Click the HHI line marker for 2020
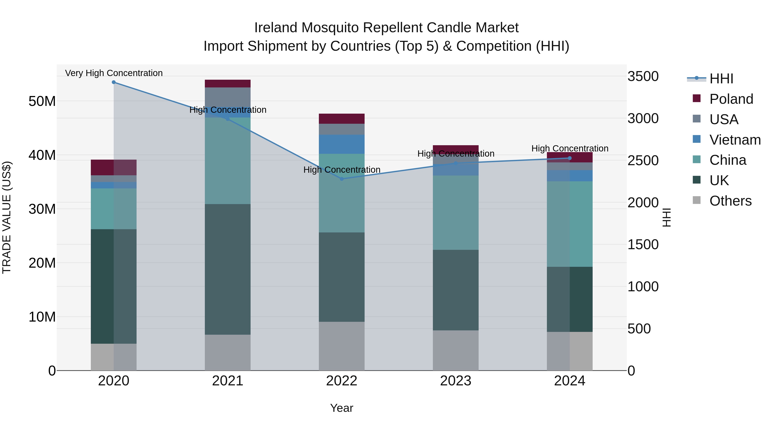(x=114, y=82)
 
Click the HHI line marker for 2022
(x=341, y=179)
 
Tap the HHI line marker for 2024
(x=569, y=158)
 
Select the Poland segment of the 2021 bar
(x=227, y=84)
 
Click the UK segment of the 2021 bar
(x=227, y=269)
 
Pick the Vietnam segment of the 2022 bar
(x=341, y=144)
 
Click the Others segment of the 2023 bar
(x=455, y=350)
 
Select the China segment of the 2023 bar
(x=455, y=212)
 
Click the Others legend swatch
(x=697, y=200)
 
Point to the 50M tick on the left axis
(x=42, y=101)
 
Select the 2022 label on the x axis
(x=341, y=381)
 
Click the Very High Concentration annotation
(x=114, y=73)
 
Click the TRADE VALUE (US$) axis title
(x=7, y=217)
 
